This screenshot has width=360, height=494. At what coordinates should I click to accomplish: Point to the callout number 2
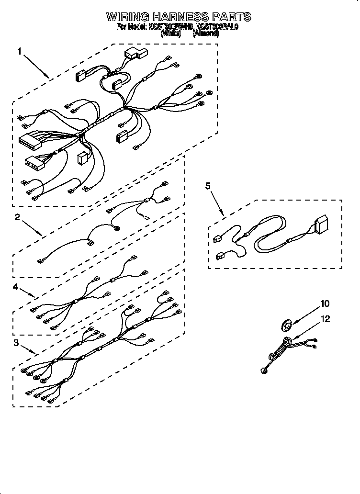point(17,218)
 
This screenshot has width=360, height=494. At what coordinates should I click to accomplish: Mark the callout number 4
point(15,287)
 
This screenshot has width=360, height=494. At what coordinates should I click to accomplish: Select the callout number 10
point(325,303)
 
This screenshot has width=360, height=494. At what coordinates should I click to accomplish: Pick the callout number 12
point(325,319)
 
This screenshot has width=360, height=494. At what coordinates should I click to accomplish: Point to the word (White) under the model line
point(171,34)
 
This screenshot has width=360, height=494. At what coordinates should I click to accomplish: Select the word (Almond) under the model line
point(206,34)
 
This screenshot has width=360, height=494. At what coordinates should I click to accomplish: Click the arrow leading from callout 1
point(36,66)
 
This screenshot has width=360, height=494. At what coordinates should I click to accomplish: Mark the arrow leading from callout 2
point(32,227)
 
